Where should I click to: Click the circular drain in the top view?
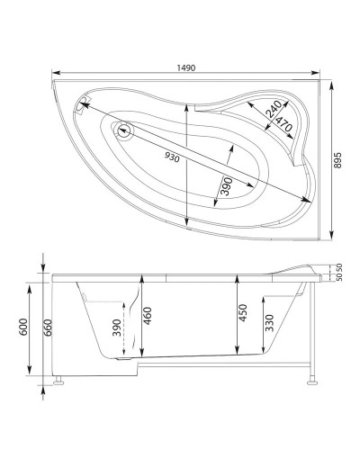click(x=123, y=133)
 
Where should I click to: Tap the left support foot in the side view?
click(x=59, y=382)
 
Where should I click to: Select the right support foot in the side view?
click(x=310, y=382)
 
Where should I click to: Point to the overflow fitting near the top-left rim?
click(x=85, y=104)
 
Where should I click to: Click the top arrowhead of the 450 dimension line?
click(x=236, y=280)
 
